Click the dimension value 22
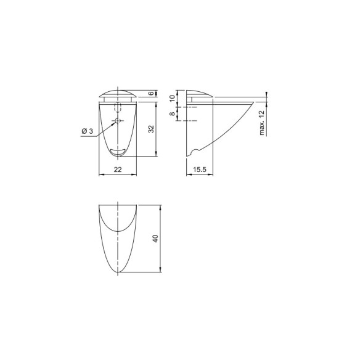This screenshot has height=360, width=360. pyautogui.click(x=118, y=170)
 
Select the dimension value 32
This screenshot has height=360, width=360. pyautogui.click(x=151, y=129)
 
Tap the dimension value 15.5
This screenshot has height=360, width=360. pyautogui.click(x=200, y=170)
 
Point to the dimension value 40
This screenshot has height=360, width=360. pyautogui.click(x=156, y=239)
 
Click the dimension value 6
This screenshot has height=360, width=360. pyautogui.click(x=151, y=93)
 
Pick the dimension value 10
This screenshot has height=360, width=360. pyautogui.click(x=173, y=98)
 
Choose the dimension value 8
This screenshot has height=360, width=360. pyautogui.click(x=173, y=113)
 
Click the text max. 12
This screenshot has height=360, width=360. pyautogui.click(x=262, y=123)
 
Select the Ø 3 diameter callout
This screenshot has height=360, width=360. pyautogui.click(x=88, y=131)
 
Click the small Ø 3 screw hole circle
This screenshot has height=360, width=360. pyautogui.click(x=118, y=120)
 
